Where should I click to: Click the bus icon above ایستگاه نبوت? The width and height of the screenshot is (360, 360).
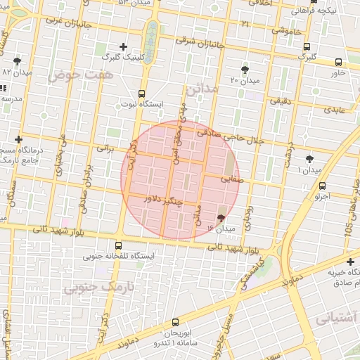141,94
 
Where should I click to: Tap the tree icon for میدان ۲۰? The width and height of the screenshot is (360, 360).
245,69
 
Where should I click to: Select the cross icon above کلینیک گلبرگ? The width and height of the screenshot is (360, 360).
124,46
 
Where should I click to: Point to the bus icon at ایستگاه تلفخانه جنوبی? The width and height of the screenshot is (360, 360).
118,246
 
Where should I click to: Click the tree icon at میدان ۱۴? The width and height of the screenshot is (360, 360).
222,218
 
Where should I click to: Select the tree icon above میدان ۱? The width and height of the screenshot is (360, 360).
309,160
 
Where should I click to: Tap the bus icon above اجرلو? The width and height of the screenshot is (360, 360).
322,186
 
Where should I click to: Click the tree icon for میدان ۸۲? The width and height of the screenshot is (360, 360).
18,61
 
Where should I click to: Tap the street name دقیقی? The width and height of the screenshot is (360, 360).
281,102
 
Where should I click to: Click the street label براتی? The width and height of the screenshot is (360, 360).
104,148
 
